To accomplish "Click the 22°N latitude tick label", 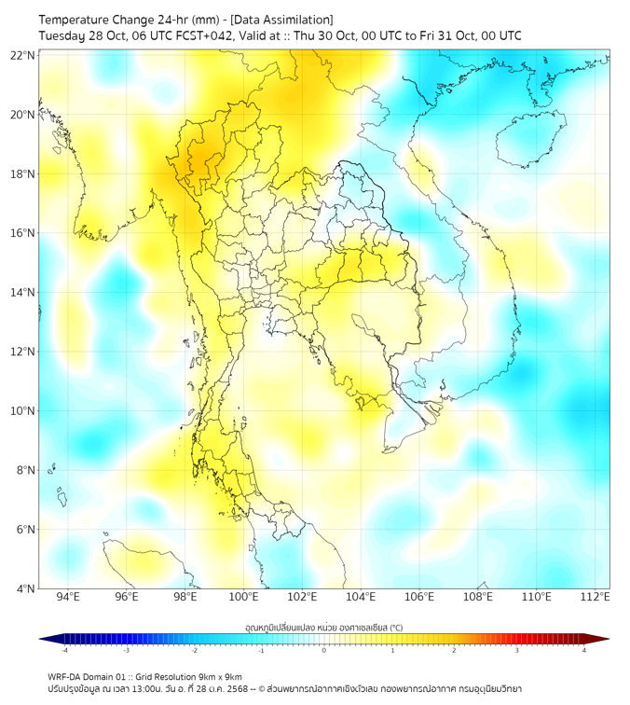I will [23, 55].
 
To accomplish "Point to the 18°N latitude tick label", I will [23, 174].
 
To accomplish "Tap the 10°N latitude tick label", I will [23, 411].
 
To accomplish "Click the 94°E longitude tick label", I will [68, 598].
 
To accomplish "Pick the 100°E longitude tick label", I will [244, 598].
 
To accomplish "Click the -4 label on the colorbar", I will [64, 651].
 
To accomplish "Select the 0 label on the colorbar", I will [324, 651].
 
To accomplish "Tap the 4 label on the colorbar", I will [583, 651].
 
